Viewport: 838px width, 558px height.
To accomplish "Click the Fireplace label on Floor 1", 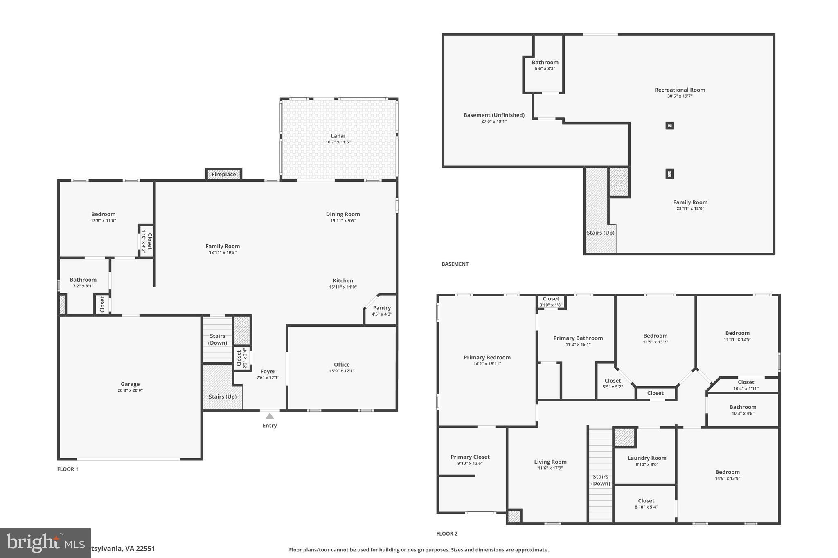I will [x=224, y=175].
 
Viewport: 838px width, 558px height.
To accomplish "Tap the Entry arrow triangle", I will [x=270, y=416].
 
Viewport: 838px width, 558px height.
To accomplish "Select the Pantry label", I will [x=382, y=308].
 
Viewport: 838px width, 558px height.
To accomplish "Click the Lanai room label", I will [x=338, y=136].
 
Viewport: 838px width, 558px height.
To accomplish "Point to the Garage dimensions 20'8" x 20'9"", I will [x=130, y=390].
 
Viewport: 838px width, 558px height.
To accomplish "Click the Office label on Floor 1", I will [x=342, y=365].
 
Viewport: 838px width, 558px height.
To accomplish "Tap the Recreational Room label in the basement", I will [x=680, y=90].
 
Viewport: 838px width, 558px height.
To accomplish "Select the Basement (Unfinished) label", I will [x=494, y=115].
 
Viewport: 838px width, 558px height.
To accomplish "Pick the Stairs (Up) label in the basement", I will [x=600, y=233].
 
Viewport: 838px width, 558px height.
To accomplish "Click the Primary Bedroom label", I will [x=487, y=357].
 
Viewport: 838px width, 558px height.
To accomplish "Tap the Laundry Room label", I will [x=647, y=458].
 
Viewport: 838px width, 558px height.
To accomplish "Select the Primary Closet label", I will [x=470, y=457].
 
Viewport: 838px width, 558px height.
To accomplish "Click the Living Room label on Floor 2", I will [x=550, y=462].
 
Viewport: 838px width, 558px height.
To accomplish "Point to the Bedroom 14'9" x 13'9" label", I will [x=727, y=472].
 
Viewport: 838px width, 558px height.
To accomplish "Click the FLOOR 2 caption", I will [x=447, y=533].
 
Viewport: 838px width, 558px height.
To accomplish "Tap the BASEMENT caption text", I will [x=455, y=264].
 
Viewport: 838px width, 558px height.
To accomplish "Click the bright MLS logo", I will [x=45, y=542].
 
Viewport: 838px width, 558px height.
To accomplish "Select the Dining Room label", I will [x=343, y=214].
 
